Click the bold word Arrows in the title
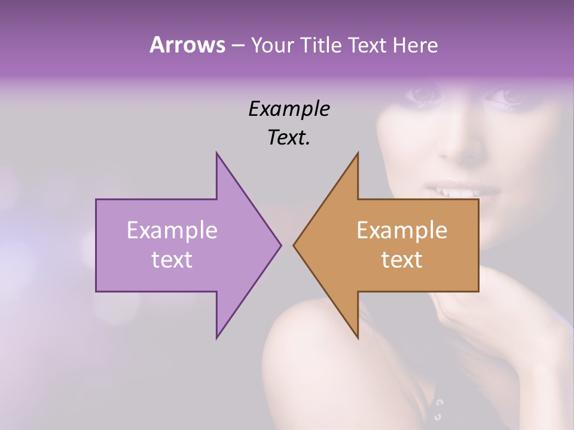pyautogui.click(x=187, y=45)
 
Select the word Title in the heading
pyautogui.click(x=320, y=45)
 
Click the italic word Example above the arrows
pyautogui.click(x=289, y=109)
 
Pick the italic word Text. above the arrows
pyautogui.click(x=289, y=138)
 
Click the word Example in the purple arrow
pyautogui.click(x=172, y=230)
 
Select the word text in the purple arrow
pyautogui.click(x=172, y=259)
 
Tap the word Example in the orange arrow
pyautogui.click(x=402, y=230)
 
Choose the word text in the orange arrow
pyautogui.click(x=402, y=259)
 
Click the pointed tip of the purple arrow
pyautogui.click(x=280, y=245)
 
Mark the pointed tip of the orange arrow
pyautogui.click(x=294, y=245)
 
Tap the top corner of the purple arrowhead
pyautogui.click(x=216, y=153)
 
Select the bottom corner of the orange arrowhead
pyautogui.click(x=358, y=338)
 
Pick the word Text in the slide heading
pyautogui.click(x=367, y=45)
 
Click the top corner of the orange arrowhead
pyautogui.click(x=358, y=153)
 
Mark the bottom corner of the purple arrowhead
pyautogui.click(x=216, y=338)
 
